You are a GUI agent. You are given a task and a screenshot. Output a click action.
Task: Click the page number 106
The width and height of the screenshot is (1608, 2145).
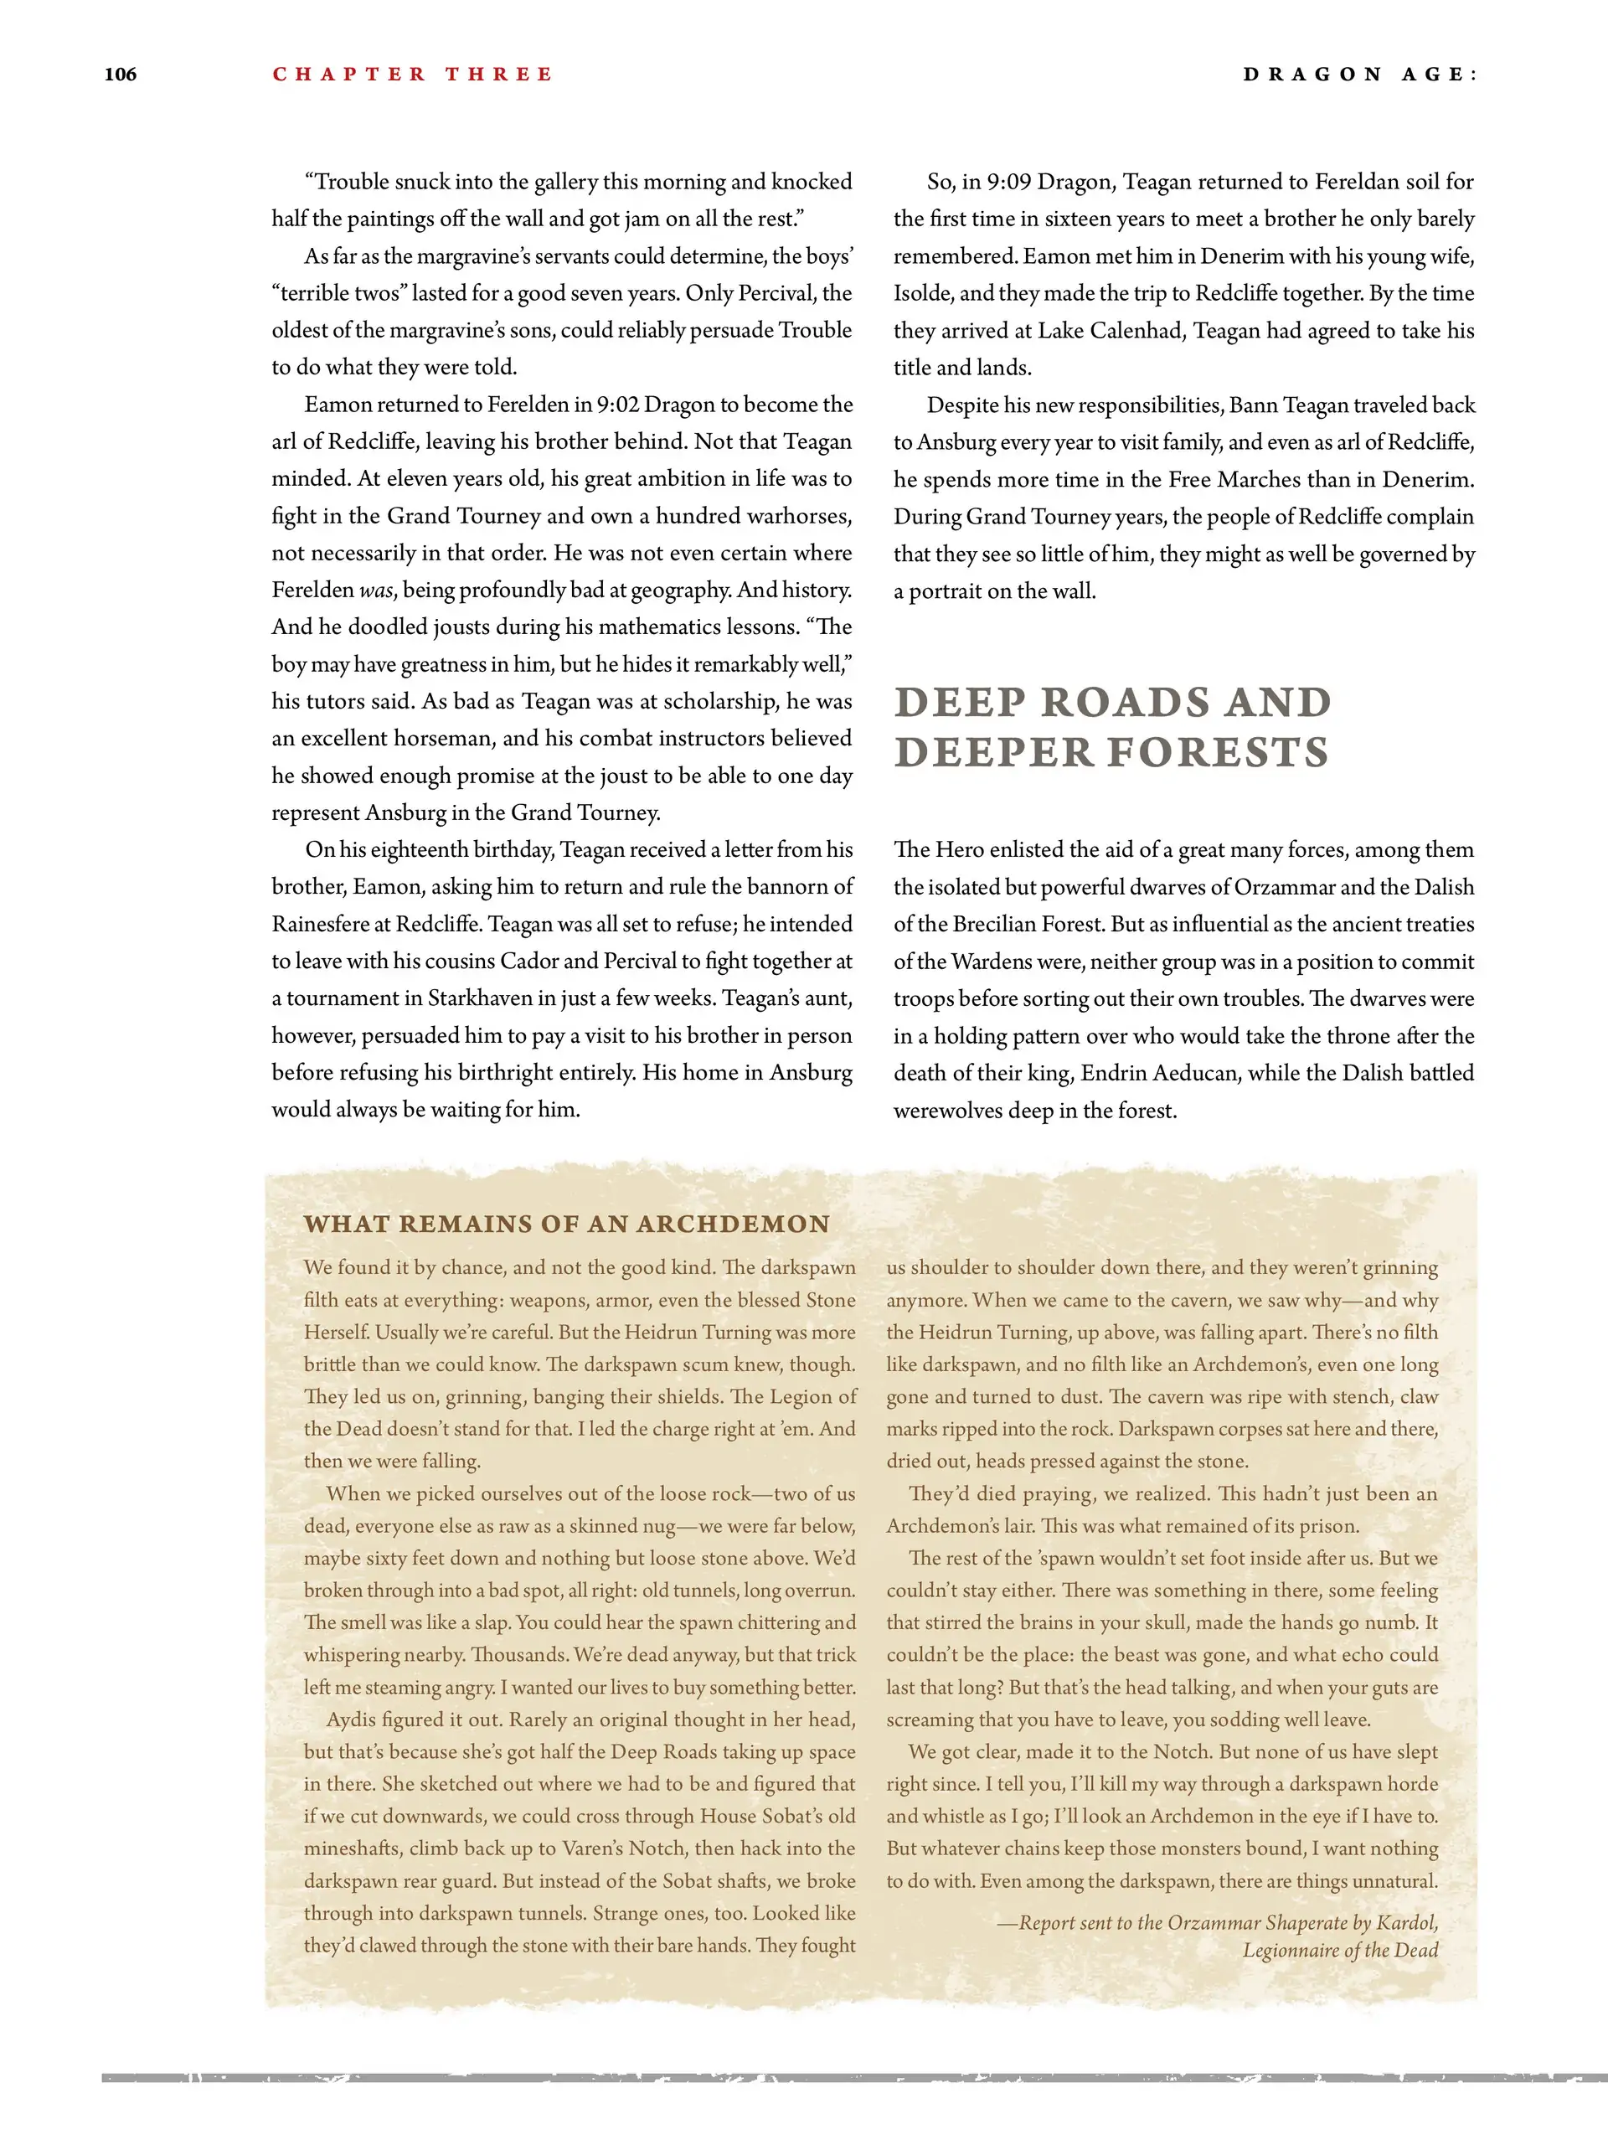(121, 75)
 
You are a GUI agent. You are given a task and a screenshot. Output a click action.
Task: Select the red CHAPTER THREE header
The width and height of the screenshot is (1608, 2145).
(412, 75)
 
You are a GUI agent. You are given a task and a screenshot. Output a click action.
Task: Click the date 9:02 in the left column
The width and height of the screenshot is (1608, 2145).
(618, 405)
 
